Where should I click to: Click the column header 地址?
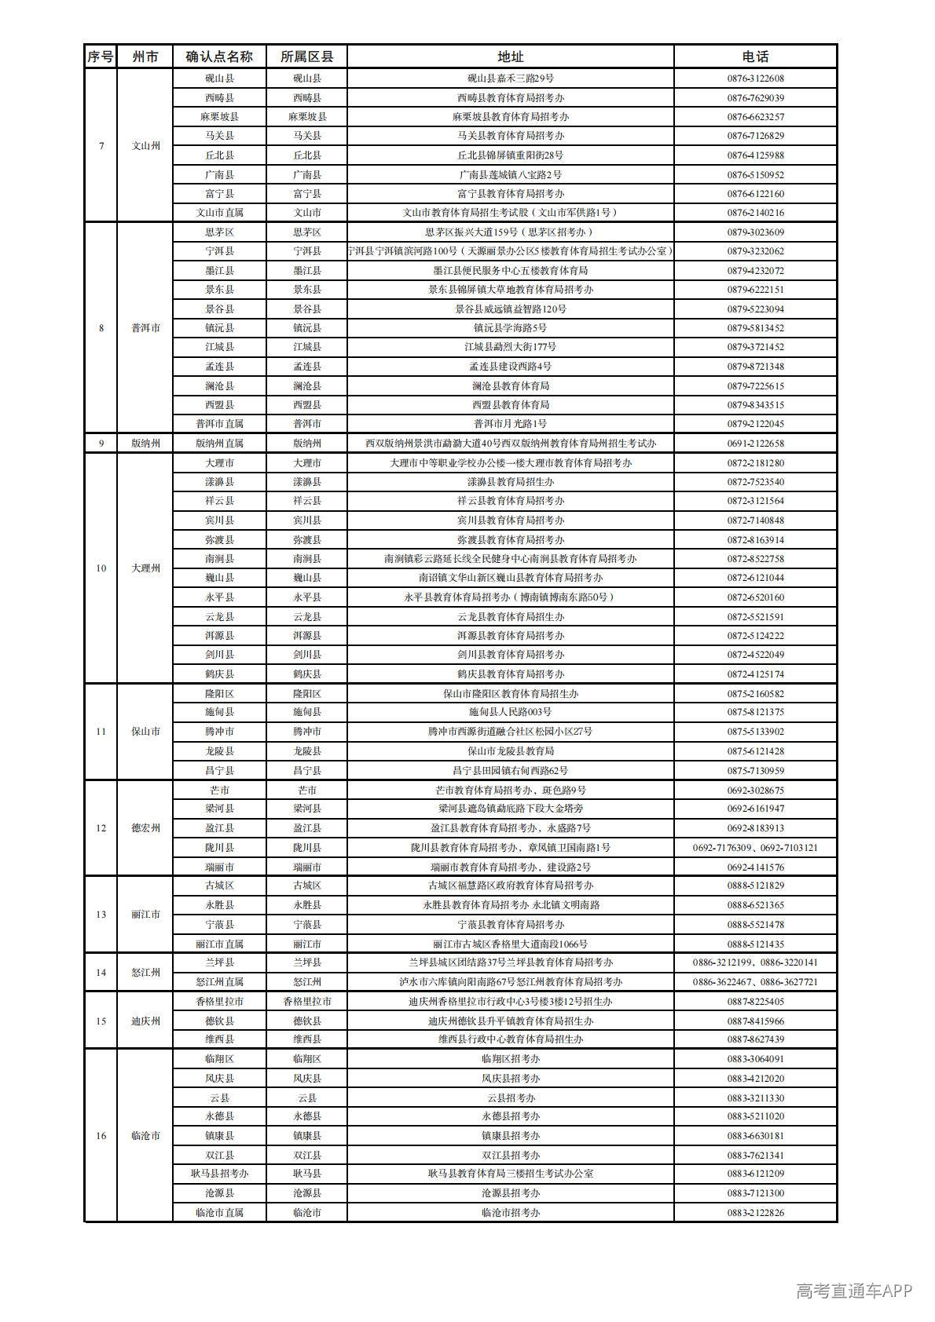pos(510,57)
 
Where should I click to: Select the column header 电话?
pos(755,57)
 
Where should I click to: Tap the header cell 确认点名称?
pos(219,57)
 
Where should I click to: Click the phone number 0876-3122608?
pos(755,79)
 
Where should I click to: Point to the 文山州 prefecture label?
pos(145,146)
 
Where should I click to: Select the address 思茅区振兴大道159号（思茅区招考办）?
pos(510,232)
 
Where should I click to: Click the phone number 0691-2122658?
pos(755,444)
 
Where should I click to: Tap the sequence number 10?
pos(101,568)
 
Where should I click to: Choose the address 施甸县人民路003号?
pos(510,712)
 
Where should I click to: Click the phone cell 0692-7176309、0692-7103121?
pos(755,848)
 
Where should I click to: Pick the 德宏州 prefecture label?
pos(145,828)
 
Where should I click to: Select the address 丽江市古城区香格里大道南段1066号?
pos(510,944)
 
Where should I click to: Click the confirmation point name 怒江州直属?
pos(219,982)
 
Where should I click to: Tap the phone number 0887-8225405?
pos(755,1002)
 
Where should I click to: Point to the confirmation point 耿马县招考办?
pos(219,1174)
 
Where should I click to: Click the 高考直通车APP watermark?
pos(853,1291)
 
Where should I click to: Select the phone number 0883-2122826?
pos(755,1213)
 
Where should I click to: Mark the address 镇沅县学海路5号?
pos(510,328)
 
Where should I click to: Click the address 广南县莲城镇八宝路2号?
pos(510,175)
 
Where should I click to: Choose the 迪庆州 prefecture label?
pos(145,1021)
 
